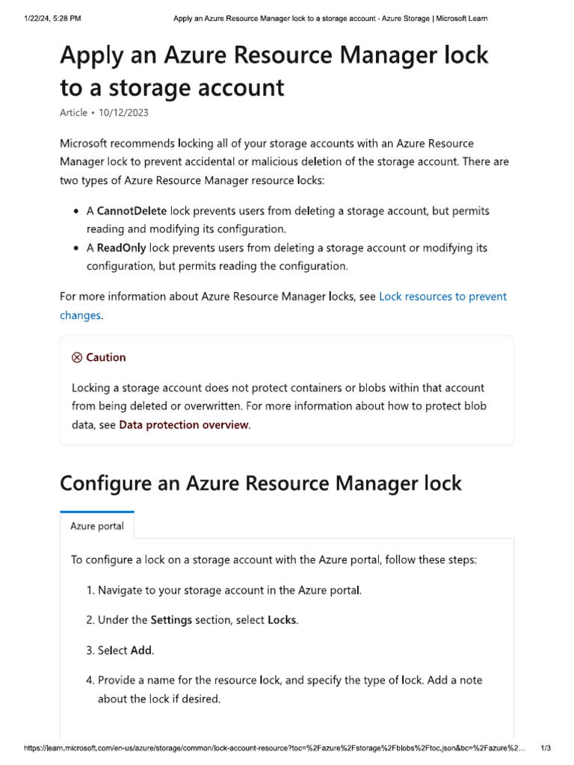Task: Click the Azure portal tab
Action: click(97, 526)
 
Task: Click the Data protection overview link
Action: click(184, 425)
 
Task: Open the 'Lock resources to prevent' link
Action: click(442, 297)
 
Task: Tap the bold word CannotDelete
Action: click(132, 211)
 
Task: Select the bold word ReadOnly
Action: click(121, 248)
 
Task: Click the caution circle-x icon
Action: click(77, 358)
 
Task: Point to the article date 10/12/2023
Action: click(123, 113)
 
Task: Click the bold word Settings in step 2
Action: click(171, 620)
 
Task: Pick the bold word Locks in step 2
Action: click(282, 620)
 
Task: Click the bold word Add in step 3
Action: click(141, 651)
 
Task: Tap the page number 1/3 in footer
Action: click(546, 748)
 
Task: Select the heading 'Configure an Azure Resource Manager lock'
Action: click(261, 483)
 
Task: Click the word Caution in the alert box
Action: click(105, 358)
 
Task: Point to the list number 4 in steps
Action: click(90, 681)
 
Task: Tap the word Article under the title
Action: click(73, 113)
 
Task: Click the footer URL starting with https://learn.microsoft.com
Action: click(269, 748)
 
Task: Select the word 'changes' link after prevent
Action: click(80, 315)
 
